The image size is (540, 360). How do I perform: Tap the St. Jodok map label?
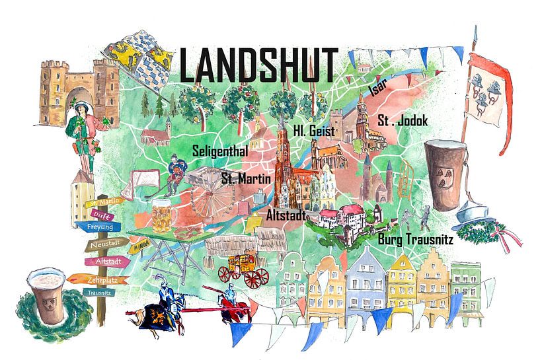click(403, 121)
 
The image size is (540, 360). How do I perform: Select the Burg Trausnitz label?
click(414, 240)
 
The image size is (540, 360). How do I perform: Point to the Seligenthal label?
click(219, 151)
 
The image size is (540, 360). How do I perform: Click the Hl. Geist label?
click(314, 132)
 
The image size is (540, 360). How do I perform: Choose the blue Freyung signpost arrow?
click(99, 227)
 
